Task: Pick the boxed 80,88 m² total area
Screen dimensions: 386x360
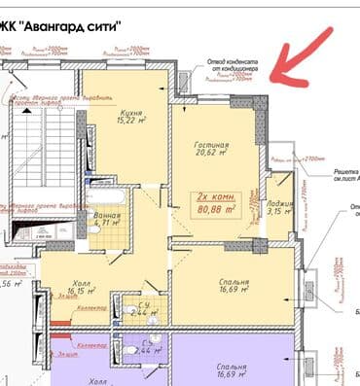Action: pyautogui.click(x=218, y=209)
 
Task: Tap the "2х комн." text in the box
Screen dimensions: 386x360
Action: pyautogui.click(x=217, y=196)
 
